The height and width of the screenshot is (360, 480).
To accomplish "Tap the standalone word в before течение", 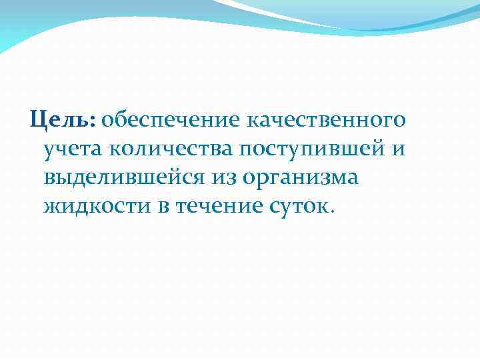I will (163, 207).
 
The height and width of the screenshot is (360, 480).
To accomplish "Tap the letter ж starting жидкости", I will (51, 207).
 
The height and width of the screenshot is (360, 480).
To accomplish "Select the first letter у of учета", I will (49, 151).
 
